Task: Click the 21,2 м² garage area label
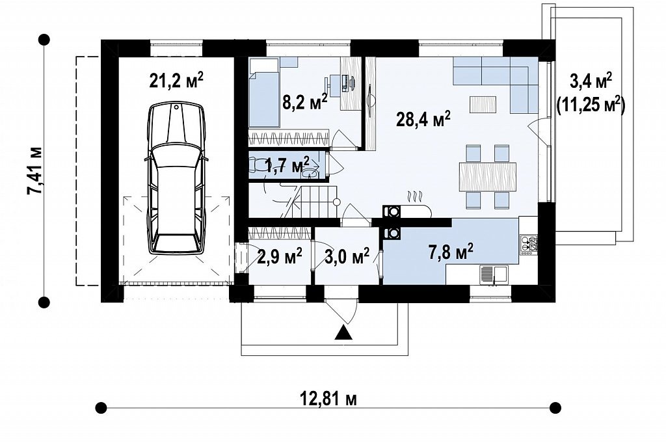(176, 80)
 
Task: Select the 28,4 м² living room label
(423, 118)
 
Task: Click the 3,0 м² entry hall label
(347, 256)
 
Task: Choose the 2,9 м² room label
(280, 256)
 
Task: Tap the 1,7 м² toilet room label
(287, 165)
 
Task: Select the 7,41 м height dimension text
(34, 170)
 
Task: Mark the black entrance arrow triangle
(343, 334)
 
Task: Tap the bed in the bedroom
(264, 92)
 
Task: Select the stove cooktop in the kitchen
(529, 245)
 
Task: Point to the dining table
(488, 177)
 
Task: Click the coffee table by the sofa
(483, 105)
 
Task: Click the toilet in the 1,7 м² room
(258, 165)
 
